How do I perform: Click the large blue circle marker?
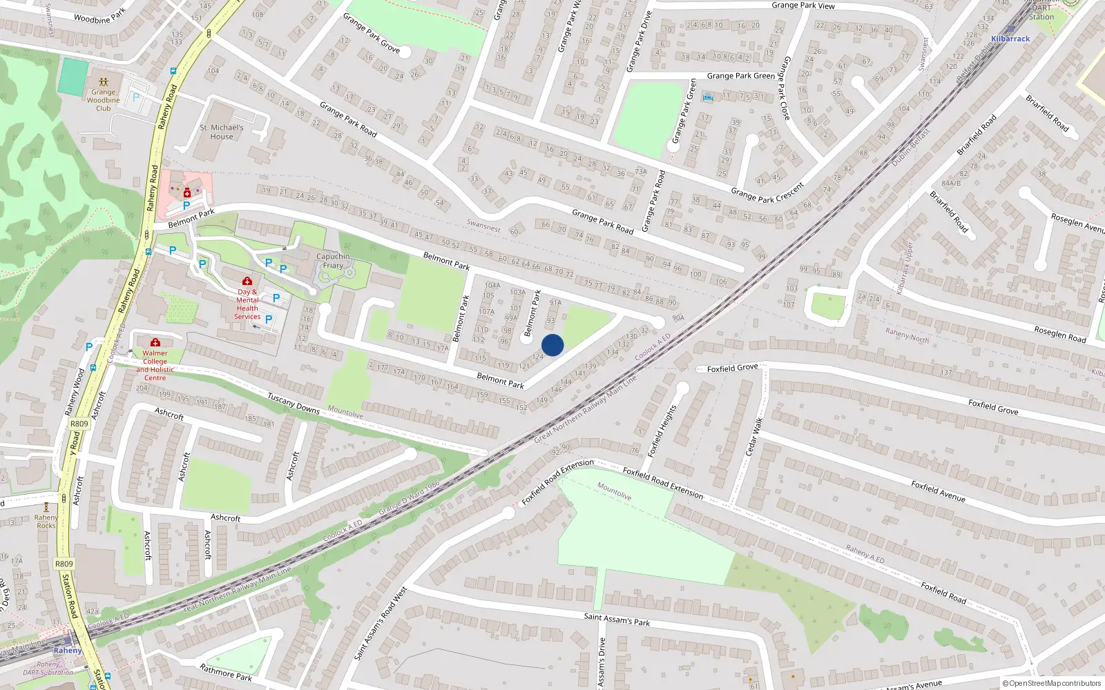point(552,345)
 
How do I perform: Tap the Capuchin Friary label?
point(333,261)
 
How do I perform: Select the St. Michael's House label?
point(222,132)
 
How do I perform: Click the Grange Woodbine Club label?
point(103,100)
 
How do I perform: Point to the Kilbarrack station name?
point(1010,39)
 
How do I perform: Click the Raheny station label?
point(68,651)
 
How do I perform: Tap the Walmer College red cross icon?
point(155,342)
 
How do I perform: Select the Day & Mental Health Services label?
point(247,304)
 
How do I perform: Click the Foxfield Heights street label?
point(661,431)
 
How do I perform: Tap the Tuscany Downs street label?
point(294,404)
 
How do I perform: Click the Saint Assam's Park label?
point(617,619)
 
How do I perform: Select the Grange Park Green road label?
point(740,76)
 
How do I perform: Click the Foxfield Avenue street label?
point(937,491)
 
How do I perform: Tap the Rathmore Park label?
point(225,673)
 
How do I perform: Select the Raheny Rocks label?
point(46,522)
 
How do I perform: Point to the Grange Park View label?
point(803,6)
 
